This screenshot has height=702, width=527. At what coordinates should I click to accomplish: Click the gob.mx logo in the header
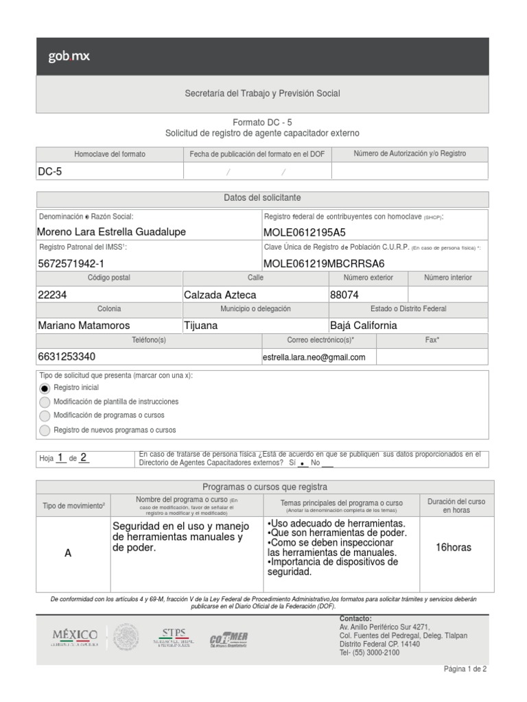click(x=69, y=56)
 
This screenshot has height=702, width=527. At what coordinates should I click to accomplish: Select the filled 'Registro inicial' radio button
click(x=45, y=388)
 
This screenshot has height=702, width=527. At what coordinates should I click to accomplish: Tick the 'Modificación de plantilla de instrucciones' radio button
click(x=45, y=402)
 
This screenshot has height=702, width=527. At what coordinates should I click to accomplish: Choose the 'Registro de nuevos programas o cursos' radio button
click(x=45, y=431)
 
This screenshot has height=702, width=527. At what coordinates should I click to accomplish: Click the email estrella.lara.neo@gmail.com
click(x=314, y=357)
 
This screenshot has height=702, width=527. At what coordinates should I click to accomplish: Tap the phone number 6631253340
click(x=67, y=357)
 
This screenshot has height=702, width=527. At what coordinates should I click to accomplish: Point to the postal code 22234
click(x=52, y=295)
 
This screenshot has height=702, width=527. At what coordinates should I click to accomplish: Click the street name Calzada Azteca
click(x=220, y=295)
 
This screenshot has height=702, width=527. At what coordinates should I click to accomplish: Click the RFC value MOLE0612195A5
click(x=305, y=232)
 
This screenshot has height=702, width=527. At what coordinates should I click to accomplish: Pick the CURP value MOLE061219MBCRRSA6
click(x=324, y=263)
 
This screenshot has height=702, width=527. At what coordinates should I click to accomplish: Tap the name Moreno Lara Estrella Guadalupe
click(x=111, y=232)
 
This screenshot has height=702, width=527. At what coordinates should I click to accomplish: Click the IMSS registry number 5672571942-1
click(x=71, y=263)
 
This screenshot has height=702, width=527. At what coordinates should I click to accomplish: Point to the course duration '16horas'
click(x=454, y=547)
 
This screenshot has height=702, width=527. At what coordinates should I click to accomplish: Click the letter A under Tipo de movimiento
click(x=68, y=553)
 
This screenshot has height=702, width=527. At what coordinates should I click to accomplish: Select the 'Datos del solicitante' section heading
click(x=262, y=197)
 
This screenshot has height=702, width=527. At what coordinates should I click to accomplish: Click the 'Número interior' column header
click(x=447, y=278)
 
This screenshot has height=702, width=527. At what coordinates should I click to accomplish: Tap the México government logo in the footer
click(x=75, y=637)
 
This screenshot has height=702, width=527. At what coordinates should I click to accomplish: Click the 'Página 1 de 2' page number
click(x=465, y=669)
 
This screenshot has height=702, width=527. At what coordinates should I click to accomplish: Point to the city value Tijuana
click(x=200, y=326)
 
